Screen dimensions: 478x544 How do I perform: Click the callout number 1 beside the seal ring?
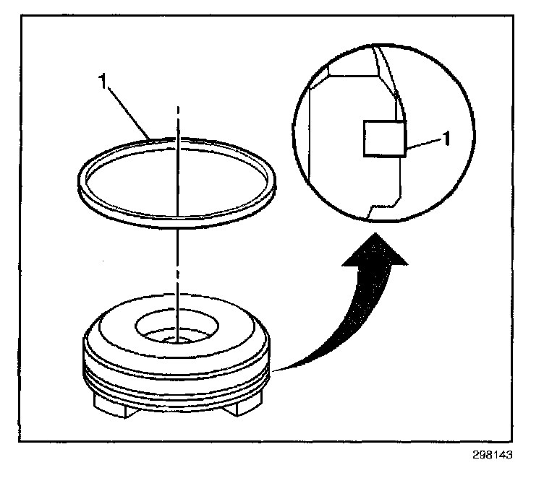(x=106, y=82)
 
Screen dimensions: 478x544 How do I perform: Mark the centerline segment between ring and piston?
(x=177, y=260)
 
